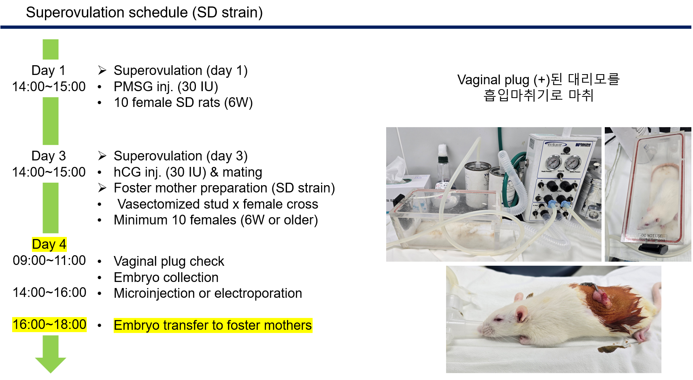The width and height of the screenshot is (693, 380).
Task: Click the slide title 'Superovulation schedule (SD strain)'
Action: pos(144,13)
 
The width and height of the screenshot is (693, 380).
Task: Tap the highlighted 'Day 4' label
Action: pos(49,244)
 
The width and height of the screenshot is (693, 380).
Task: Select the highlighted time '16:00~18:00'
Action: pos(49,324)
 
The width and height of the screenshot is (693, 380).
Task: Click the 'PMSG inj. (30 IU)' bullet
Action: pos(166,87)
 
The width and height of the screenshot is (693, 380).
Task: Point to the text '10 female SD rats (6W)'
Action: pos(183,102)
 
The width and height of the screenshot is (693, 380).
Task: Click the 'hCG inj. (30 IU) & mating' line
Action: pos(188,172)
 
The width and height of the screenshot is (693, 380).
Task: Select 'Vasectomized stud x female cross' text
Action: pos(218,204)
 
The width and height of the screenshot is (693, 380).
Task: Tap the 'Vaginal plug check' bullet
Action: pos(169,261)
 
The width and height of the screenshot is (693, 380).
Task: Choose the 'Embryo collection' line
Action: pos(166,278)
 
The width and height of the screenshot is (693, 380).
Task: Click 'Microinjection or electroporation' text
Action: pos(208,293)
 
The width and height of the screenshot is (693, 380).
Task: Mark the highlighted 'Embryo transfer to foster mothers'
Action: pos(213,325)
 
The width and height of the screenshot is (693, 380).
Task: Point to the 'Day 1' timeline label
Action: pos(49,70)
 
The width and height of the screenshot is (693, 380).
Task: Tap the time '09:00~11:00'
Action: pos(49,260)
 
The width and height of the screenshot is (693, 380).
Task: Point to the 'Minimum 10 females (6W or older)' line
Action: pos(216,220)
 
